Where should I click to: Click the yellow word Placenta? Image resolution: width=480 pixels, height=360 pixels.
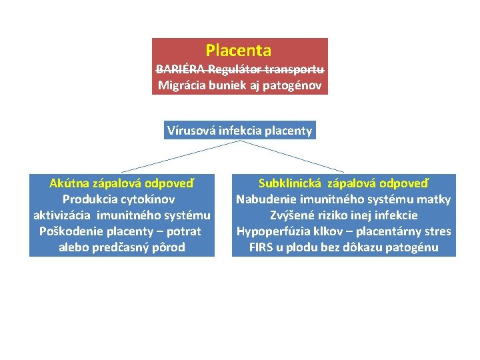(239, 51)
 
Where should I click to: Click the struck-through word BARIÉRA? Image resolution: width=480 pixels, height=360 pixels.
(181, 69)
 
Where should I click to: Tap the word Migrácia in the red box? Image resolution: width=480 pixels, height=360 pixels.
(181, 85)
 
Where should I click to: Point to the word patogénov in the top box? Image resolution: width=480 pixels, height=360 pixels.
(295, 85)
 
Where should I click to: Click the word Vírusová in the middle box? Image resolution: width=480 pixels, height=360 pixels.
(189, 131)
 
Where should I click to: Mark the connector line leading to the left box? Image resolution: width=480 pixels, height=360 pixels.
(180, 156)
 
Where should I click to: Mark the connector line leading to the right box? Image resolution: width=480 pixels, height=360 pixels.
(293, 156)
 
